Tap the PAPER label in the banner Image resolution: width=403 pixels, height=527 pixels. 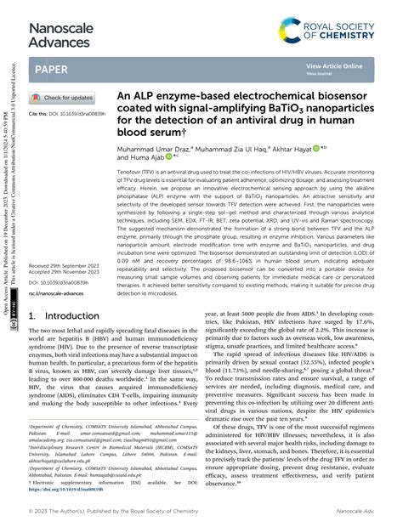(x=53, y=69)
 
